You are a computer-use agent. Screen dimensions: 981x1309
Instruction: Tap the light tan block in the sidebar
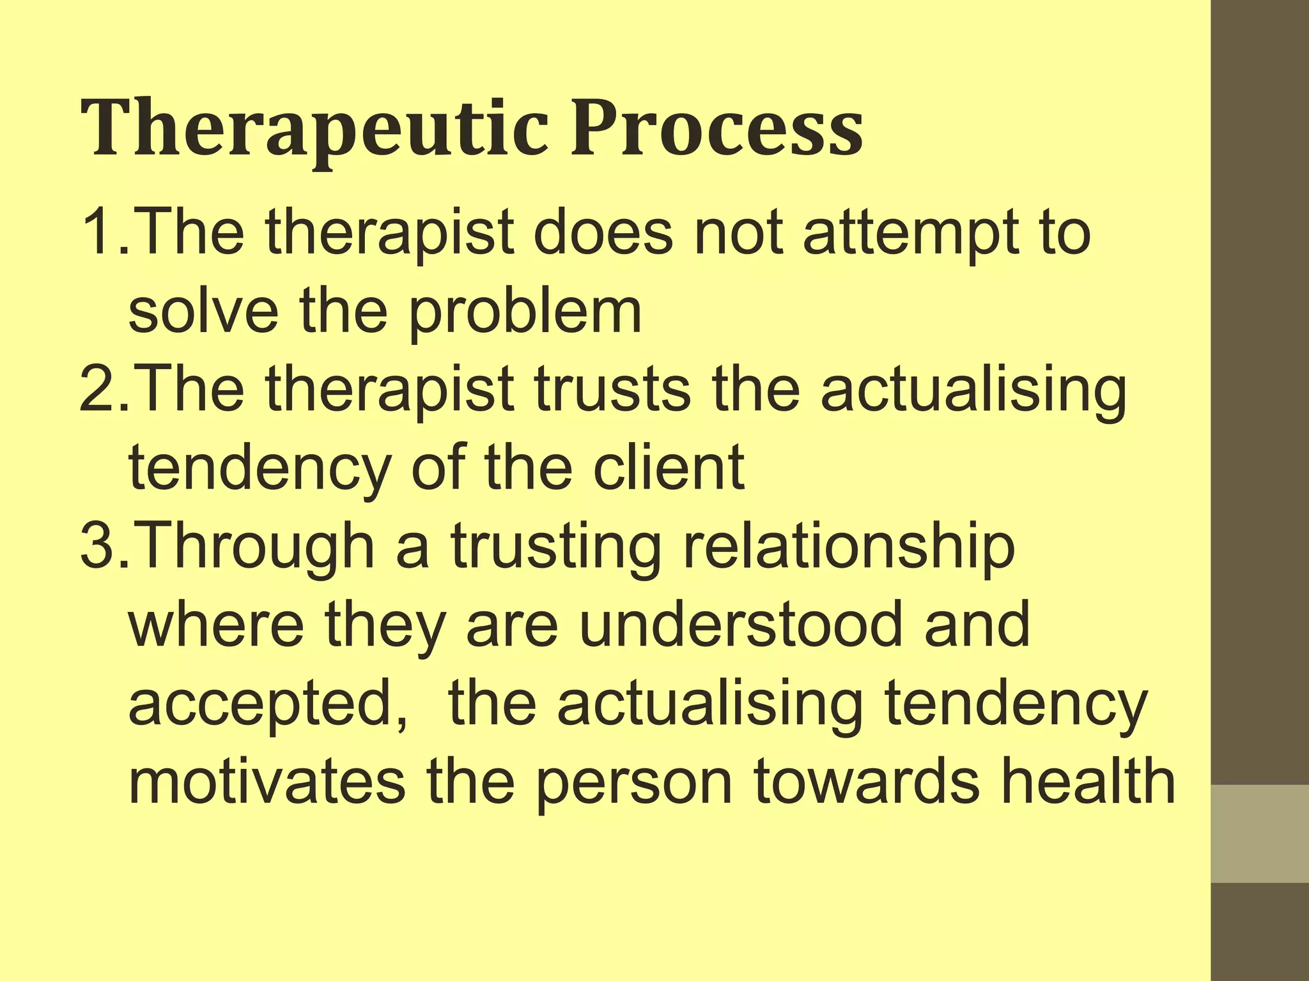coord(1260,833)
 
